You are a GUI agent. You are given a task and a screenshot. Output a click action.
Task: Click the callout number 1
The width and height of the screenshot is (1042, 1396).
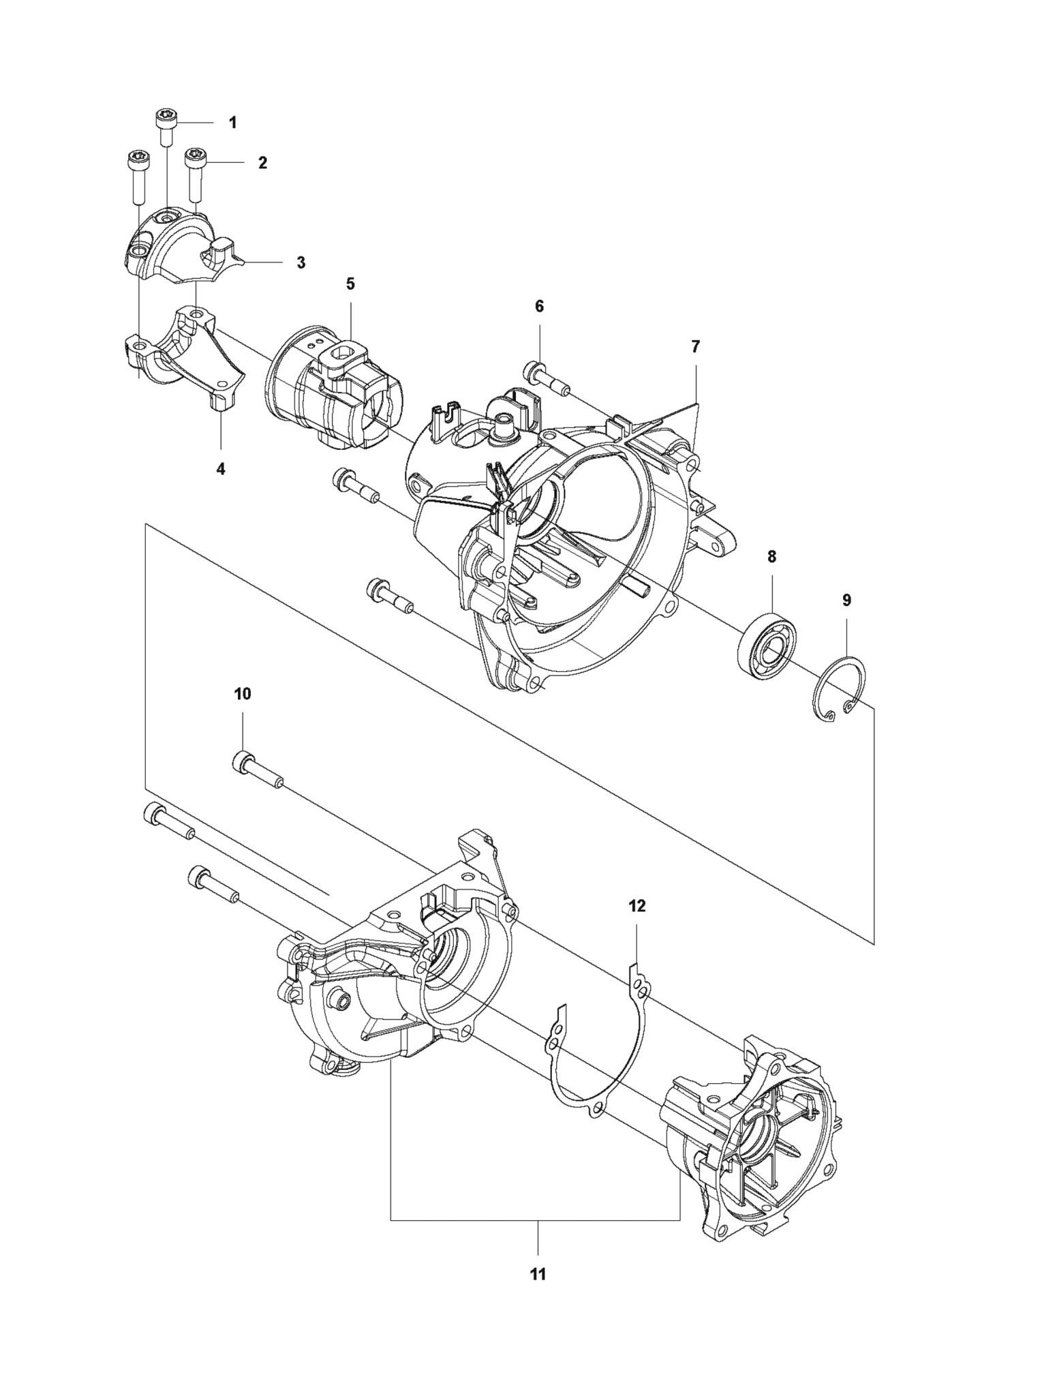tap(232, 123)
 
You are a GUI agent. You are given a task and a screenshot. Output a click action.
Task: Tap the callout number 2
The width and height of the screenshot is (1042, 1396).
tap(262, 163)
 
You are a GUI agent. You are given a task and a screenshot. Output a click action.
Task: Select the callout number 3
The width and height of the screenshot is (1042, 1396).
tap(301, 262)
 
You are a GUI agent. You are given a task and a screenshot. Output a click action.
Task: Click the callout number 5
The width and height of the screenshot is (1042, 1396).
tap(350, 284)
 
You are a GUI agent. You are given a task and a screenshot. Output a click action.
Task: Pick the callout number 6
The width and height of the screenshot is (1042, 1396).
tap(539, 306)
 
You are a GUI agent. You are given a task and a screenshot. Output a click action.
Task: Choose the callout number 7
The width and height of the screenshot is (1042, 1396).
tap(695, 346)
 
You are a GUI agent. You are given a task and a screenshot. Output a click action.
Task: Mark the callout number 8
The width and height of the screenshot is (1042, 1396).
tap(771, 557)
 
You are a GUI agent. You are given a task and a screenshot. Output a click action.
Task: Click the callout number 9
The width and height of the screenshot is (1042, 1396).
tap(846, 600)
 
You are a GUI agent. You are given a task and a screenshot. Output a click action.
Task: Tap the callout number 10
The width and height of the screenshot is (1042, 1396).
tap(243, 694)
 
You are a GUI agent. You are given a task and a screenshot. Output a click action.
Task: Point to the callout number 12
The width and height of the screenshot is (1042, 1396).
tap(637, 906)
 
